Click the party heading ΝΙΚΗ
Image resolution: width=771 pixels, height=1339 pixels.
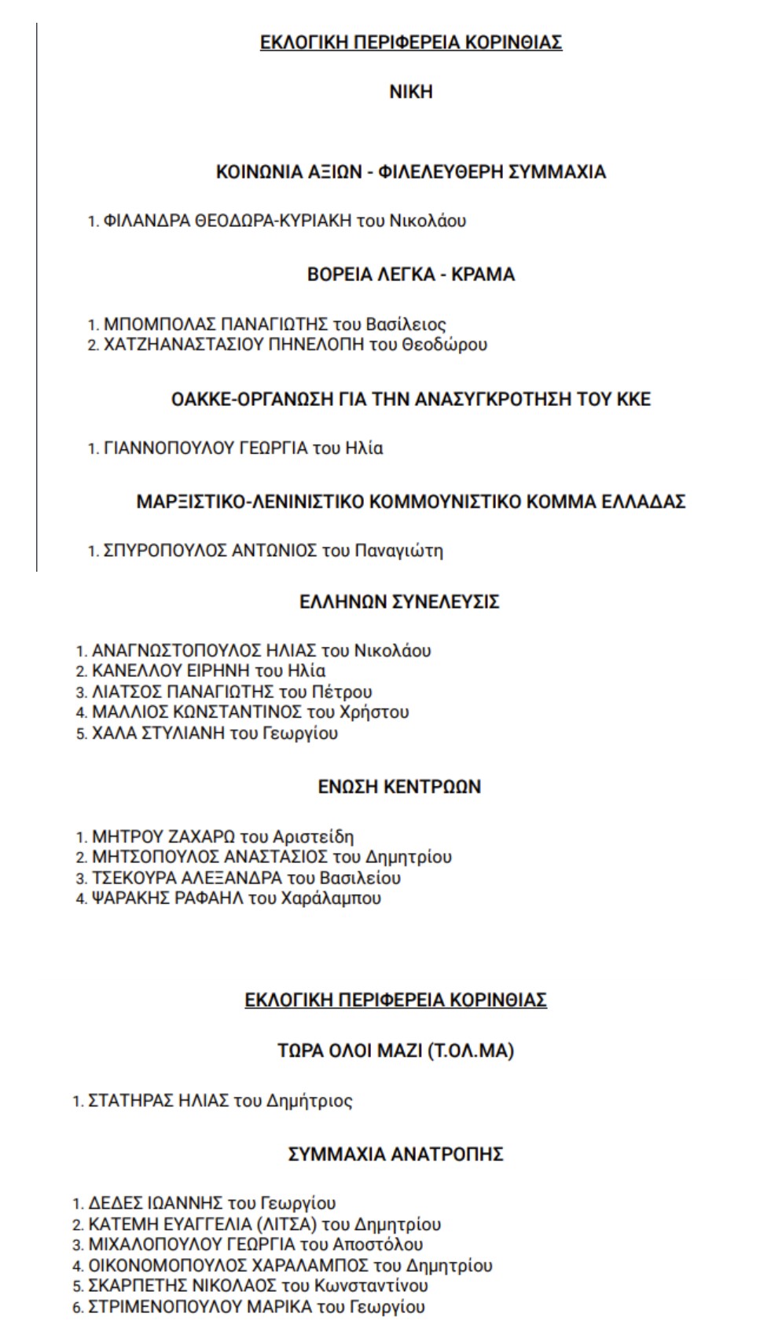[x=410, y=92]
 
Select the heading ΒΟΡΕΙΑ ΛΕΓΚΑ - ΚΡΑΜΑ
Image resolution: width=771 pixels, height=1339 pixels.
[x=410, y=275]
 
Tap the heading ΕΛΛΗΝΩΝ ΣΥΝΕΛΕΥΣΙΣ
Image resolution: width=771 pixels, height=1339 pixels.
[x=399, y=602]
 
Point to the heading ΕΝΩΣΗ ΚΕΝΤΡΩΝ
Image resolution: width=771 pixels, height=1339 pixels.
[x=399, y=787]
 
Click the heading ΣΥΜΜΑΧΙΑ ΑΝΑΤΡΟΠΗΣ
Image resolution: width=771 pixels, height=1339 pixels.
[x=395, y=1154]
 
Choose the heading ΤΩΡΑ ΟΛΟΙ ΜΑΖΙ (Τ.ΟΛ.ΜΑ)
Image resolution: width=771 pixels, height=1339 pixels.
[x=395, y=1051]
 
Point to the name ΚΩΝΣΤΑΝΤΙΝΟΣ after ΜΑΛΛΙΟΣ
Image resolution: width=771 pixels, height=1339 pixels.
[x=236, y=712]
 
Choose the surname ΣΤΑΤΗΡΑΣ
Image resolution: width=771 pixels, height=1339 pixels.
[x=127, y=1101]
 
